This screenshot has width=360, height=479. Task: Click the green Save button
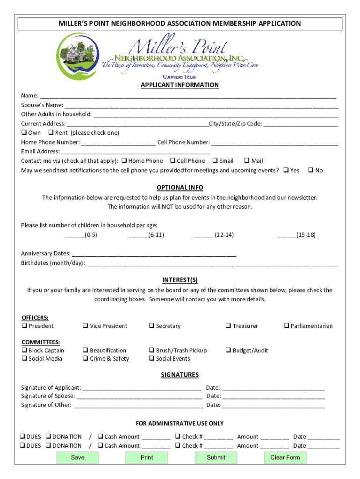pyautogui.click(x=78, y=457)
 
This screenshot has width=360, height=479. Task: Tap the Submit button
pyautogui.click(x=216, y=457)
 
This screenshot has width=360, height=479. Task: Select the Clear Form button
pyautogui.click(x=285, y=457)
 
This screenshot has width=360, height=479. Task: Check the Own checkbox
pyautogui.click(x=24, y=133)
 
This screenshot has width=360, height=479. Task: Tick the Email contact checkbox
pyautogui.click(x=215, y=161)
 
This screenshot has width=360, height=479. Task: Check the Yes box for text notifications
pyautogui.click(x=286, y=170)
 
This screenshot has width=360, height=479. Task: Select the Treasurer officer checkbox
pyautogui.click(x=229, y=326)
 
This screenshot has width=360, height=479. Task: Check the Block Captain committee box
pyautogui.click(x=24, y=350)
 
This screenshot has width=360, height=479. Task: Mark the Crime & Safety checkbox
pyautogui.click(x=86, y=359)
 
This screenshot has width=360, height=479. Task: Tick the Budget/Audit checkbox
pyautogui.click(x=229, y=350)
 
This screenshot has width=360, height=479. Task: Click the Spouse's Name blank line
pyautogui.click(x=201, y=106)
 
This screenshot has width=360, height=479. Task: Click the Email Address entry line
pyautogui.click(x=136, y=152)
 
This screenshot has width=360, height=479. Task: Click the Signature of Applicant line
pyautogui.click(x=142, y=388)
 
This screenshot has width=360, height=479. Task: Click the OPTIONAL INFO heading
pyautogui.click(x=180, y=188)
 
